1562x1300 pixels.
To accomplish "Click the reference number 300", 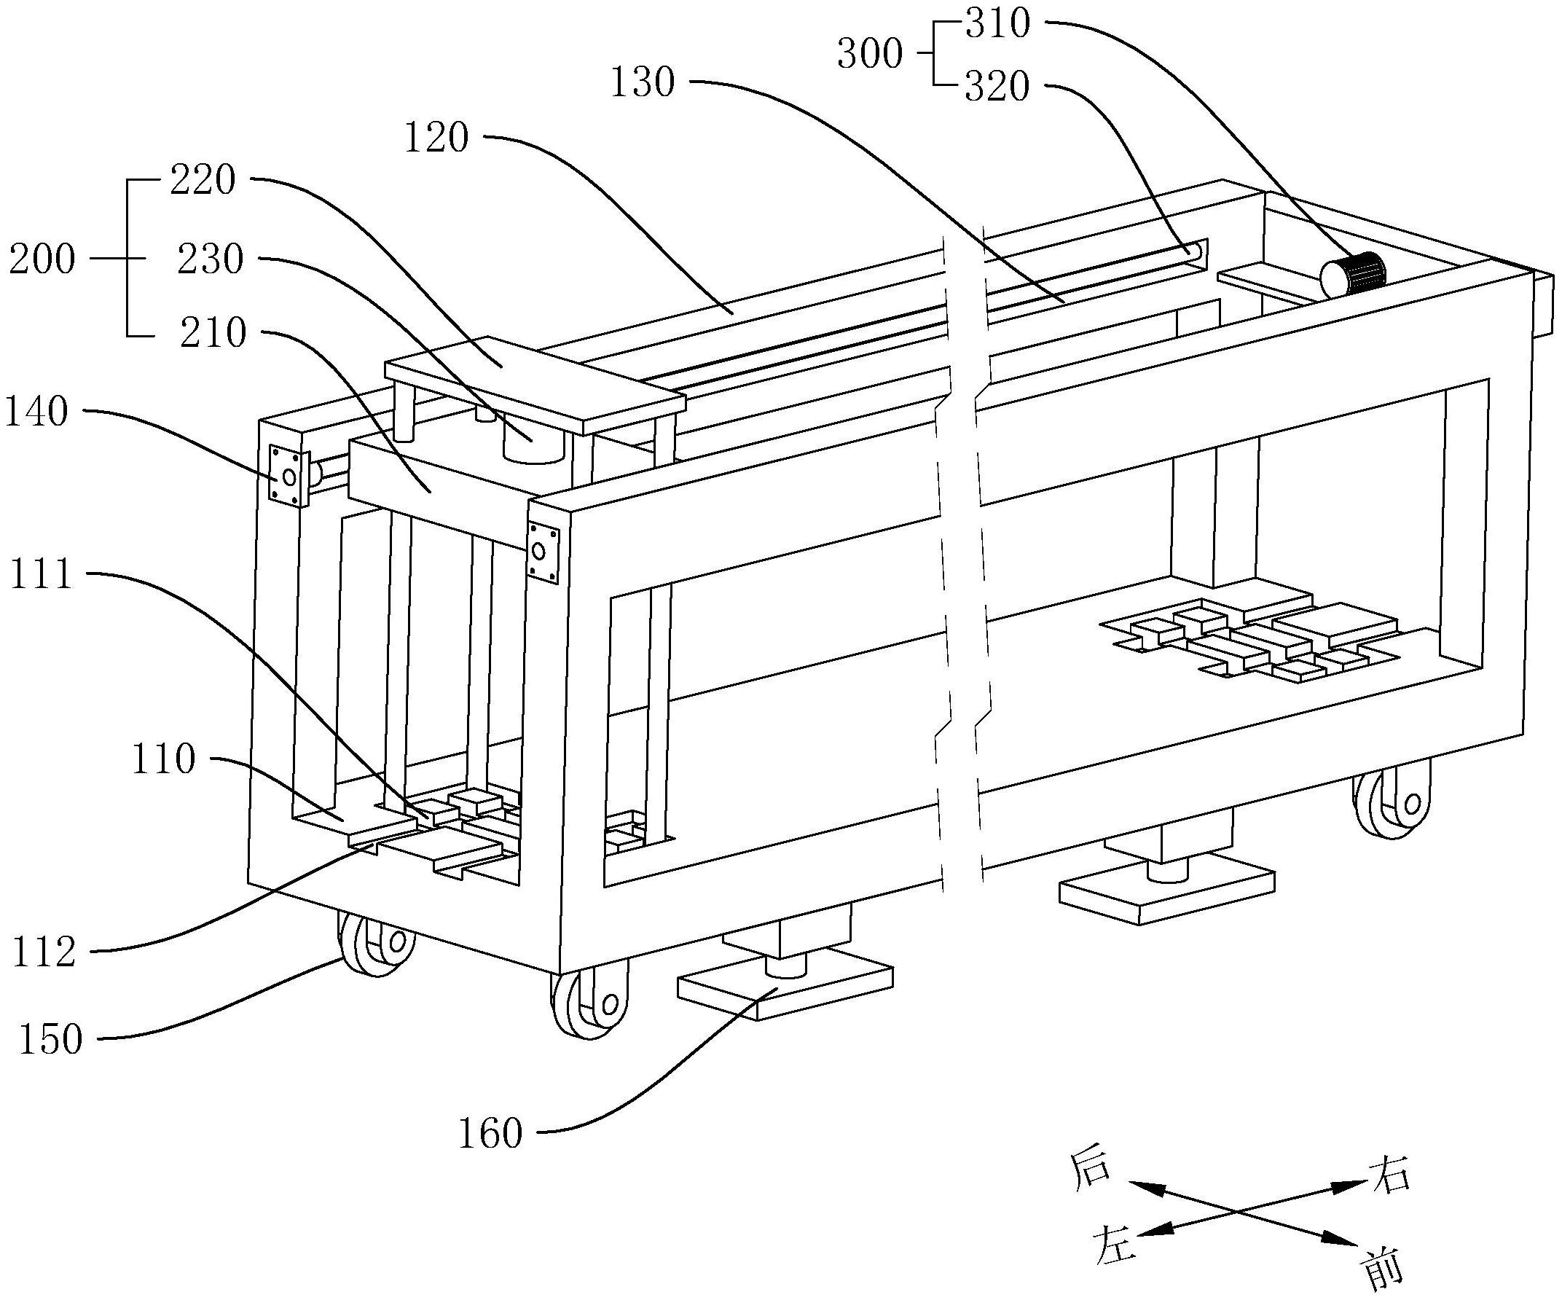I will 869,55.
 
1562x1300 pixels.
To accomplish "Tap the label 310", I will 997,24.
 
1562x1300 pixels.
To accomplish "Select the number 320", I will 997,87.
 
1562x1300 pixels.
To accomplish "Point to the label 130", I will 643,82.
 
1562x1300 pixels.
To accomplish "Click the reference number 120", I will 436,138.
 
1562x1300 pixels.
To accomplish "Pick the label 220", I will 203,180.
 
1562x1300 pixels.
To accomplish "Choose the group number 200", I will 42,259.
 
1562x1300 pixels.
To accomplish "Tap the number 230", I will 211,259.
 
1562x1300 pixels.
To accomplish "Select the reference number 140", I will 36,412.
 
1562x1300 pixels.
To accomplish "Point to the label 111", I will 41,575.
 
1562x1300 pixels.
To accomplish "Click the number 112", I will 44,952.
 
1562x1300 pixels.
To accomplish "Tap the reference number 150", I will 50,1041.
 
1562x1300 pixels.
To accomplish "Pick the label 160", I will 490,1134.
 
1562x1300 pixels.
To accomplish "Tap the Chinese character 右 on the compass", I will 1389,1175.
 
